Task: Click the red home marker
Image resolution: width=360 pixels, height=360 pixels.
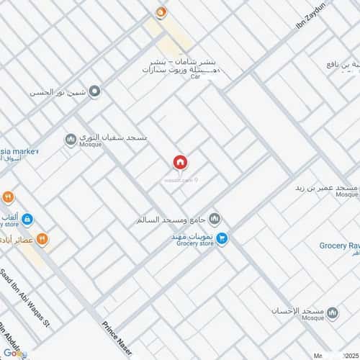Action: click(179, 163)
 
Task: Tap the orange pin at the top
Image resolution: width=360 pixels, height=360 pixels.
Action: click(161, 12)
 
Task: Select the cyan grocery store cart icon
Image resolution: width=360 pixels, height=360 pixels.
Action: click(222, 237)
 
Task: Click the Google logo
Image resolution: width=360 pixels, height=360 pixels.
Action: click(14, 353)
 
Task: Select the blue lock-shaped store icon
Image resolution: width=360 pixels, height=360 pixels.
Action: click(27, 219)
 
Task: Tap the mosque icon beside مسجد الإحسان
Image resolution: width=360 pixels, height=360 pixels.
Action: click(332, 312)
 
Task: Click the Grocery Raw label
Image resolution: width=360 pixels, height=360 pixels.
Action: click(338, 246)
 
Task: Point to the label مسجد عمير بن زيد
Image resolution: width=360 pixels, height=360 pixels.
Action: click(325, 187)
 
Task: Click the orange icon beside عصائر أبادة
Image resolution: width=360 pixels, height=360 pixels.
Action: click(42, 239)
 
